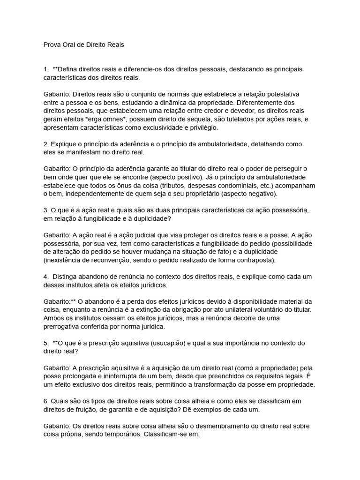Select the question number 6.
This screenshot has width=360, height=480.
pos(45,401)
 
